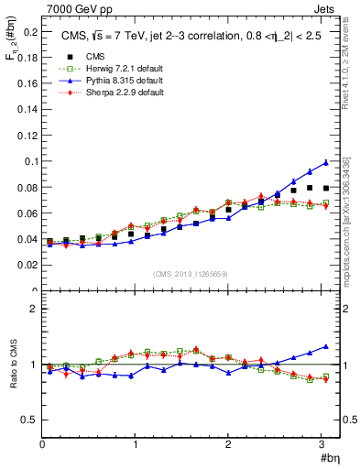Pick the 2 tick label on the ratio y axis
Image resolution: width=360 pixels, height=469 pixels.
[x=34, y=309]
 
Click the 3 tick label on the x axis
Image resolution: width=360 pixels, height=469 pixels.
[x=322, y=444]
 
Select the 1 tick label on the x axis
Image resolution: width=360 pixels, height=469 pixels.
[x=136, y=444]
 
